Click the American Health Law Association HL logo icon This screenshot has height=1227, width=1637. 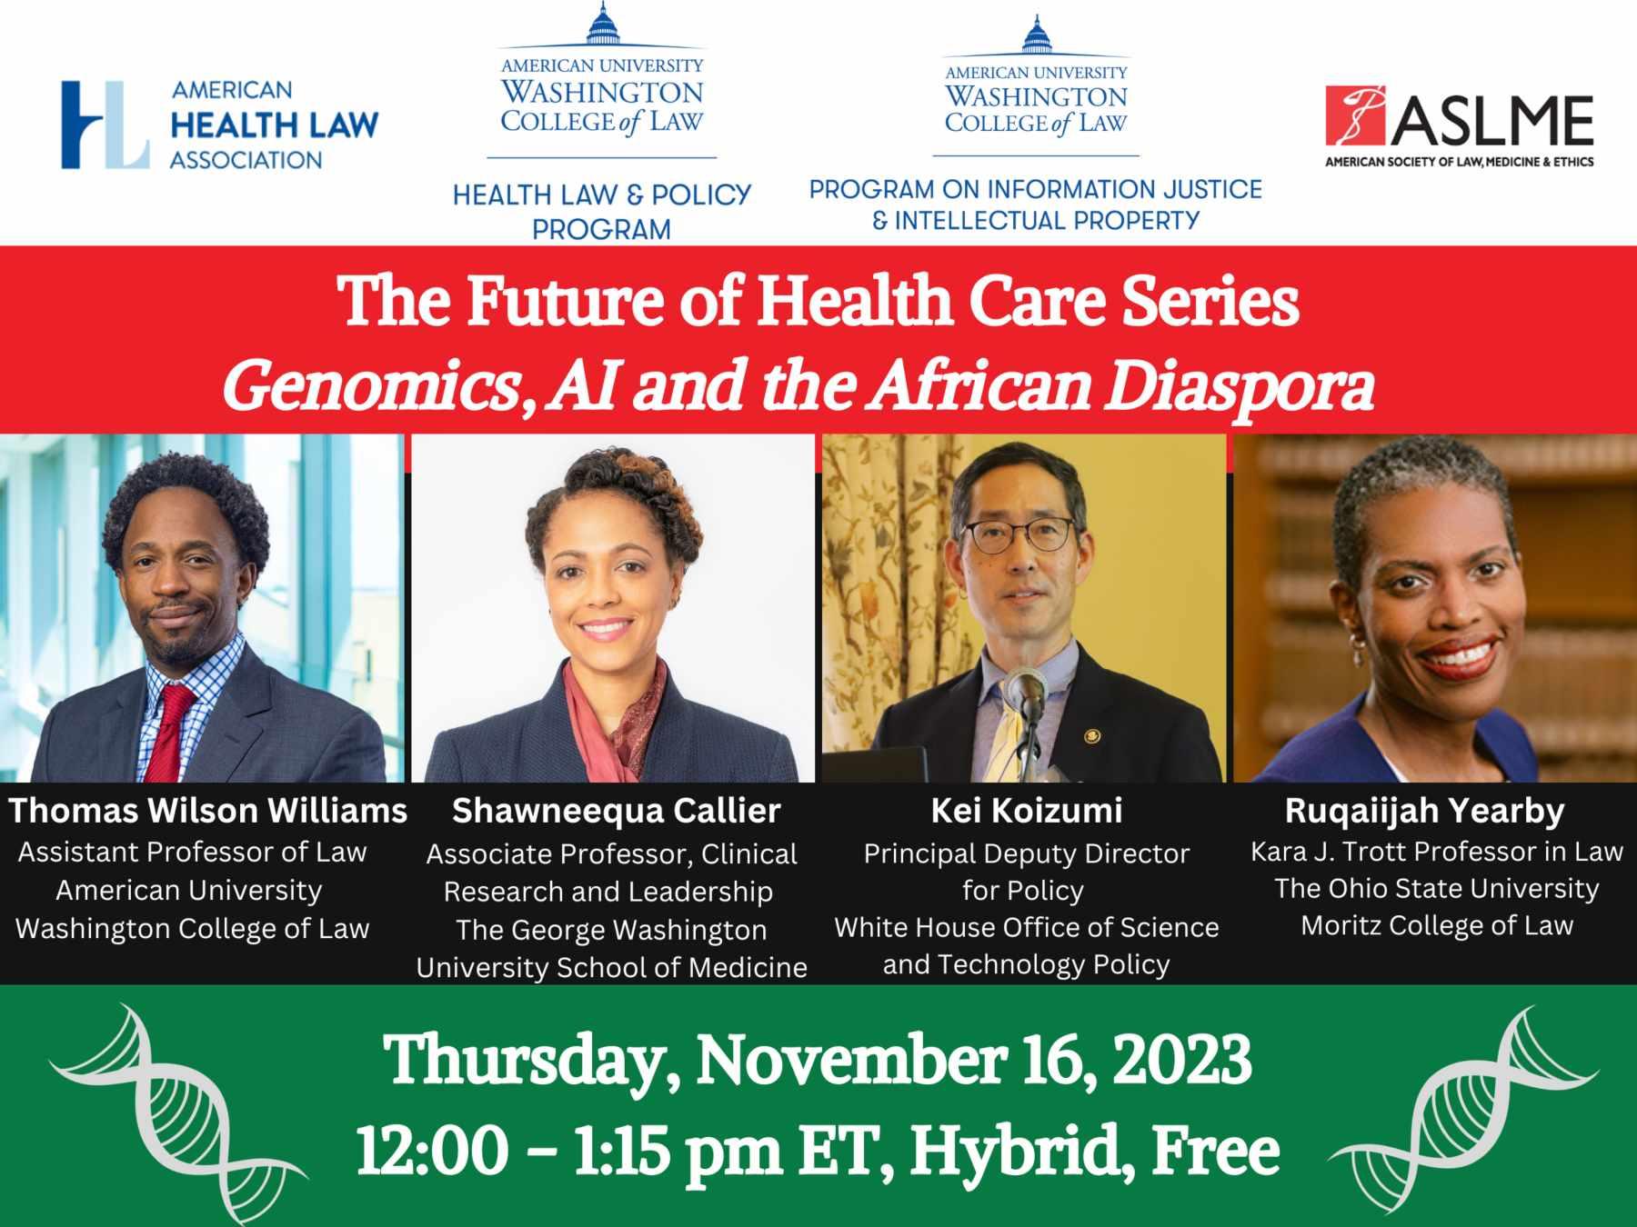(x=105, y=125)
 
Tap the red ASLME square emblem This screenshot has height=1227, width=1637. (x=1356, y=115)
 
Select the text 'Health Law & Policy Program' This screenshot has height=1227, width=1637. (x=602, y=211)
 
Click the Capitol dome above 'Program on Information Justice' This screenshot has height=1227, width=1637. (x=1036, y=35)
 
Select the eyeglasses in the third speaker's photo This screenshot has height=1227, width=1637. (x=1019, y=535)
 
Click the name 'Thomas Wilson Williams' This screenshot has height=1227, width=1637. (x=208, y=810)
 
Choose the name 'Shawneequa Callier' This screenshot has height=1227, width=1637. (x=616, y=811)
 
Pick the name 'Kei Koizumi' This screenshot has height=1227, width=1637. (x=1027, y=811)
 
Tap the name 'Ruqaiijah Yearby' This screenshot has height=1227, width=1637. (x=1425, y=811)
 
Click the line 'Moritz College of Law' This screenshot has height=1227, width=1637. (x=1437, y=925)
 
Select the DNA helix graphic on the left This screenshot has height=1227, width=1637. (x=178, y=1112)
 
